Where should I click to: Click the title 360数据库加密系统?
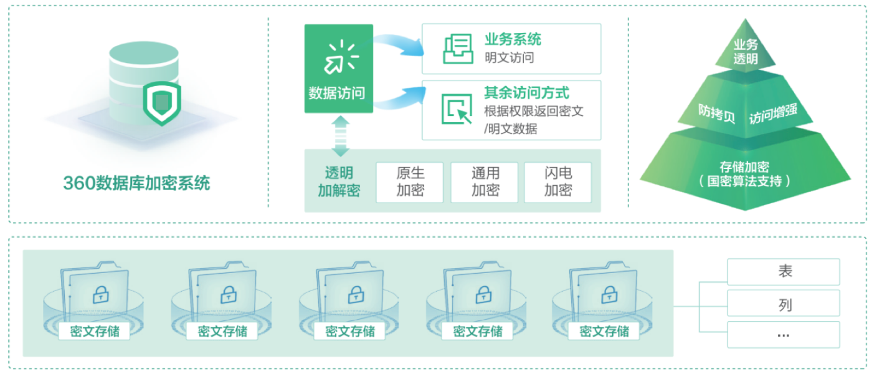click(x=136, y=183)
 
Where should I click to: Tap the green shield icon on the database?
click(x=161, y=101)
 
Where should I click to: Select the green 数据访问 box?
click(x=338, y=69)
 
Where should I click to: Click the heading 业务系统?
click(x=513, y=40)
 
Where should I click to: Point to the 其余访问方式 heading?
click(x=526, y=93)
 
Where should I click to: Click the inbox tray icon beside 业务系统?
click(x=458, y=49)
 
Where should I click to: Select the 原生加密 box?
click(x=410, y=182)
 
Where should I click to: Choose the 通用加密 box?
click(x=485, y=182)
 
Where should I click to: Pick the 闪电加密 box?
click(x=557, y=182)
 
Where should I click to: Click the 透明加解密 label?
click(x=339, y=182)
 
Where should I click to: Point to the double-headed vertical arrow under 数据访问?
click(x=340, y=135)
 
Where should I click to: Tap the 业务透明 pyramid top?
click(x=746, y=52)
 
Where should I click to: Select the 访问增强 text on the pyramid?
click(x=772, y=114)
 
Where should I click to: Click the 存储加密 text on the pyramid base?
click(x=744, y=167)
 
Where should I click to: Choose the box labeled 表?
click(x=784, y=272)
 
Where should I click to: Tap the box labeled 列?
click(x=784, y=305)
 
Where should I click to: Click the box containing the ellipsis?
click(x=784, y=335)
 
